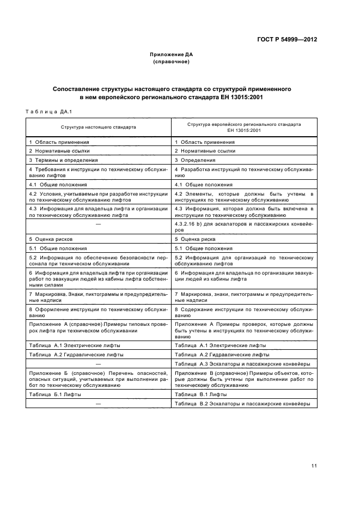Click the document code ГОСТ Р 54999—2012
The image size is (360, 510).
click(287, 40)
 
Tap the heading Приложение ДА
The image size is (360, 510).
click(172, 54)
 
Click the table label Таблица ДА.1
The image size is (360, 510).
click(49, 112)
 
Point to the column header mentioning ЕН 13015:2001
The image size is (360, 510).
click(244, 127)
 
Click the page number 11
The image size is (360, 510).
click(314, 465)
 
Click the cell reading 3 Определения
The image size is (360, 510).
click(195, 160)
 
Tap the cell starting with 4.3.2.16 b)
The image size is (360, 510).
click(243, 227)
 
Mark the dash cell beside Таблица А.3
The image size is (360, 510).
click(99, 363)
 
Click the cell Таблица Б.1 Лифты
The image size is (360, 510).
click(54, 394)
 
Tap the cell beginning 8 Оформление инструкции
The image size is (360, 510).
click(99, 312)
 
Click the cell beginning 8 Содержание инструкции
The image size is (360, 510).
click(243, 312)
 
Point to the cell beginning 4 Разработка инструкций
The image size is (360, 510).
click(243, 173)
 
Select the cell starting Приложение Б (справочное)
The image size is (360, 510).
click(99, 379)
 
